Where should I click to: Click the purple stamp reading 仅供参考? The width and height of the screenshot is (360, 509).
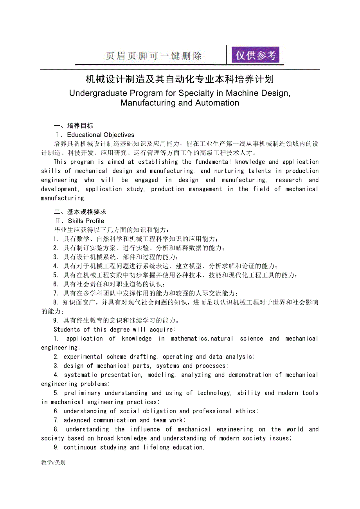tap(255, 55)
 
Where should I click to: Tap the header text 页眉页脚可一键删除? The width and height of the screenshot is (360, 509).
tap(154, 56)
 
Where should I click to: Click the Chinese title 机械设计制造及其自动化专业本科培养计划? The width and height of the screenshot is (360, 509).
tap(180, 79)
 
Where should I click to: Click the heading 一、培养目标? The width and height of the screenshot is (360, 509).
tap(74, 126)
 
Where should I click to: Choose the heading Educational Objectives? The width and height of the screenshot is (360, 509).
tap(101, 135)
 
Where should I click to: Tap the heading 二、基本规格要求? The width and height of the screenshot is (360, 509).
tap(80, 212)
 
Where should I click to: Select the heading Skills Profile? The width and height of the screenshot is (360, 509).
tap(86, 221)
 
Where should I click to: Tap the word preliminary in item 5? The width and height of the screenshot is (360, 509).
tap(82, 393)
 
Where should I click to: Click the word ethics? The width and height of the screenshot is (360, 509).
tap(246, 411)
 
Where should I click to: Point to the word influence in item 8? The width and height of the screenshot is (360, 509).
tap(146, 429)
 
